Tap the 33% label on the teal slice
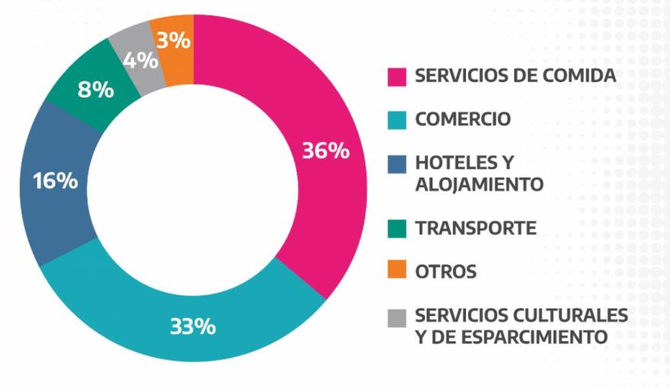click(x=192, y=328)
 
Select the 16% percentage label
click(x=55, y=182)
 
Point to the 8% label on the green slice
click(x=96, y=90)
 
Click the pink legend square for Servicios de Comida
click(x=397, y=76)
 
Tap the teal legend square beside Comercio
click(x=397, y=120)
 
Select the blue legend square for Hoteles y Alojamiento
click(x=397, y=164)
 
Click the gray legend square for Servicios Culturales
click(x=397, y=315)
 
